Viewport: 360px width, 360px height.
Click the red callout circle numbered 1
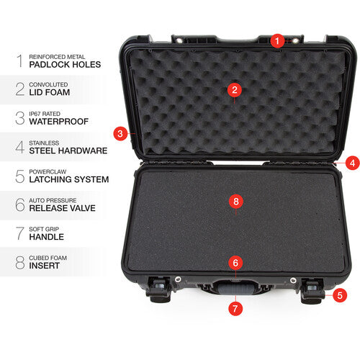click(277, 41)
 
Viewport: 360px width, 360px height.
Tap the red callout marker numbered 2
click(233, 90)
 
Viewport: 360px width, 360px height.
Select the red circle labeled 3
click(121, 132)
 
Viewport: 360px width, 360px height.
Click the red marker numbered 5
click(341, 294)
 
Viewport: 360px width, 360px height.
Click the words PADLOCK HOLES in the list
click(66, 63)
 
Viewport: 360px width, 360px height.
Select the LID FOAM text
click(50, 92)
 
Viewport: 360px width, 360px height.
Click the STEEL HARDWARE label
click(68, 150)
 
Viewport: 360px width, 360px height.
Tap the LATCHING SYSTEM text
click(69, 179)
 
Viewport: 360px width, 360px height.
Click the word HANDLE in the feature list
click(47, 237)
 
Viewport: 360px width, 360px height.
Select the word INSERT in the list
click(45, 266)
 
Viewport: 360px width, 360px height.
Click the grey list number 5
click(19, 175)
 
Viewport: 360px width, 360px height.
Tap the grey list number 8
click(19, 261)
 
